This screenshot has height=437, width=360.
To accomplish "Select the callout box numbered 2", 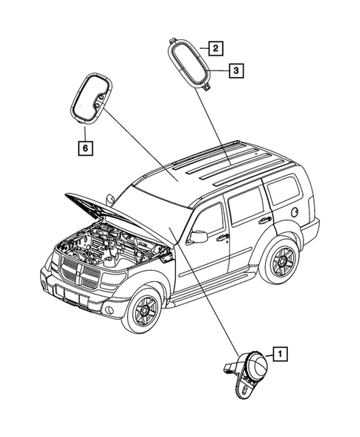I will pos(215,50).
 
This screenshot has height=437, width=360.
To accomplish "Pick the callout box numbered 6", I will pos(87,148).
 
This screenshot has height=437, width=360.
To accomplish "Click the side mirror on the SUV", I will pos(198,237).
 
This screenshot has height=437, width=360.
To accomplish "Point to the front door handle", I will pos(222,238).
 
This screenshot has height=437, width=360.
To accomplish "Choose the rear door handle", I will pos(264,220).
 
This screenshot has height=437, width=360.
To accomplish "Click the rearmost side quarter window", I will pos(281,191).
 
